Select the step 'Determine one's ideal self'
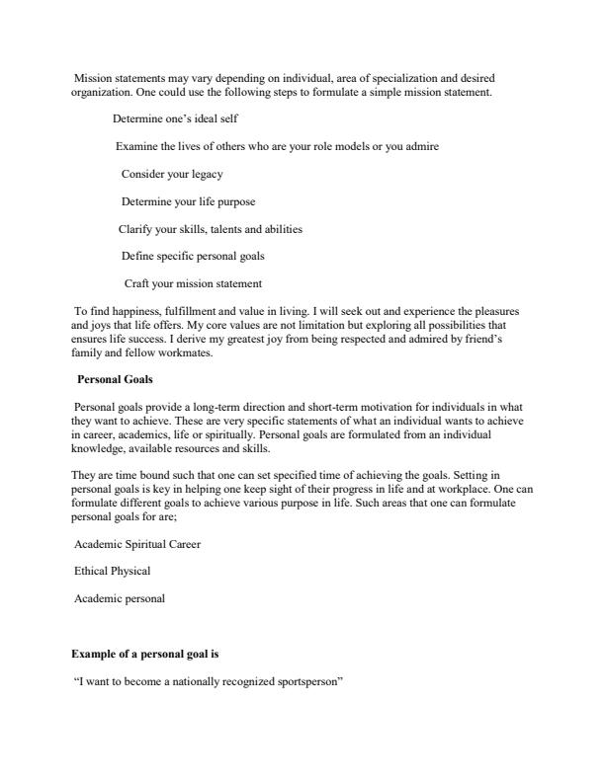tap(175, 118)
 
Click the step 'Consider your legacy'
tap(172, 174)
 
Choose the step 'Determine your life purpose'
tap(188, 201)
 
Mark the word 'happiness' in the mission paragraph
tap(126, 310)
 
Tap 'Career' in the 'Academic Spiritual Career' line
tap(183, 543)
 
